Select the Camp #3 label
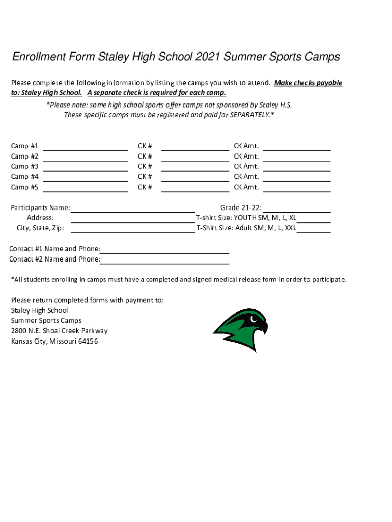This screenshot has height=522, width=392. [x=24, y=166]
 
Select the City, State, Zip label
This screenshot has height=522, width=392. [x=41, y=228]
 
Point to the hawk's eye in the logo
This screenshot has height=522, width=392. [x=253, y=320]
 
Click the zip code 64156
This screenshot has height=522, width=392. [x=88, y=341]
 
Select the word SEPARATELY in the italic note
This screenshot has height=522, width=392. [x=249, y=115]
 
